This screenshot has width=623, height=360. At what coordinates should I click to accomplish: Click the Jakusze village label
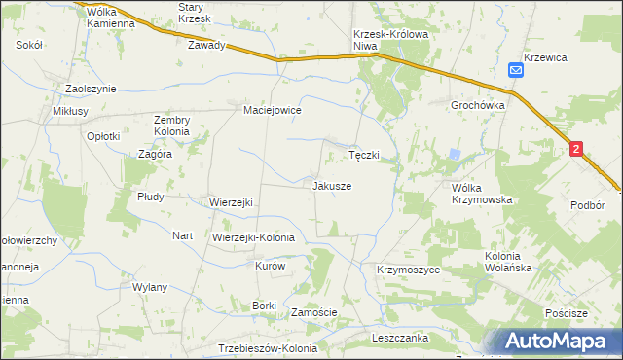click(332, 185)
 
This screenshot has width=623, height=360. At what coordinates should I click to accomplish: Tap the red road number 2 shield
click(577, 149)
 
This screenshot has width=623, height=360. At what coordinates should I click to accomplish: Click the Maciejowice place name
click(272, 111)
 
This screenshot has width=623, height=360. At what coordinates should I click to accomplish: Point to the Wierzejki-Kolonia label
click(253, 236)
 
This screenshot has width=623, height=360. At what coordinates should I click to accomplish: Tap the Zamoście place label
click(314, 312)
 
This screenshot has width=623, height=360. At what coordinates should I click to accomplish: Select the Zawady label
click(207, 45)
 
